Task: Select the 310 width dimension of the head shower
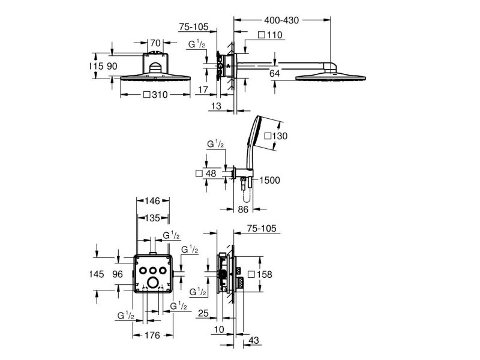[x=156, y=95]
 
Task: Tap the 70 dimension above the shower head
[x=155, y=43]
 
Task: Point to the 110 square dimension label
[x=271, y=35]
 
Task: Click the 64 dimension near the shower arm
[x=275, y=73]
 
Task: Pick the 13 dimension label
[x=216, y=106]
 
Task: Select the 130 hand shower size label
[x=276, y=136]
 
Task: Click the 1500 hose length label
[x=269, y=180]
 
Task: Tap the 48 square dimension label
[x=206, y=173]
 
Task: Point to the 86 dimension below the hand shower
[x=243, y=209]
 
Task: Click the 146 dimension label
[x=152, y=201]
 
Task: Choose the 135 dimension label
[x=152, y=218]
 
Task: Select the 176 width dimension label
[x=152, y=335]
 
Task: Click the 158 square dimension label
[x=260, y=274]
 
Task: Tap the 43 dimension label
[x=254, y=340]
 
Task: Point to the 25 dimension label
[x=203, y=313]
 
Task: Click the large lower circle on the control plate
[x=152, y=283]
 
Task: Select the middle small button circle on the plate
[x=152, y=271]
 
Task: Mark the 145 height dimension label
[x=97, y=274]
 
